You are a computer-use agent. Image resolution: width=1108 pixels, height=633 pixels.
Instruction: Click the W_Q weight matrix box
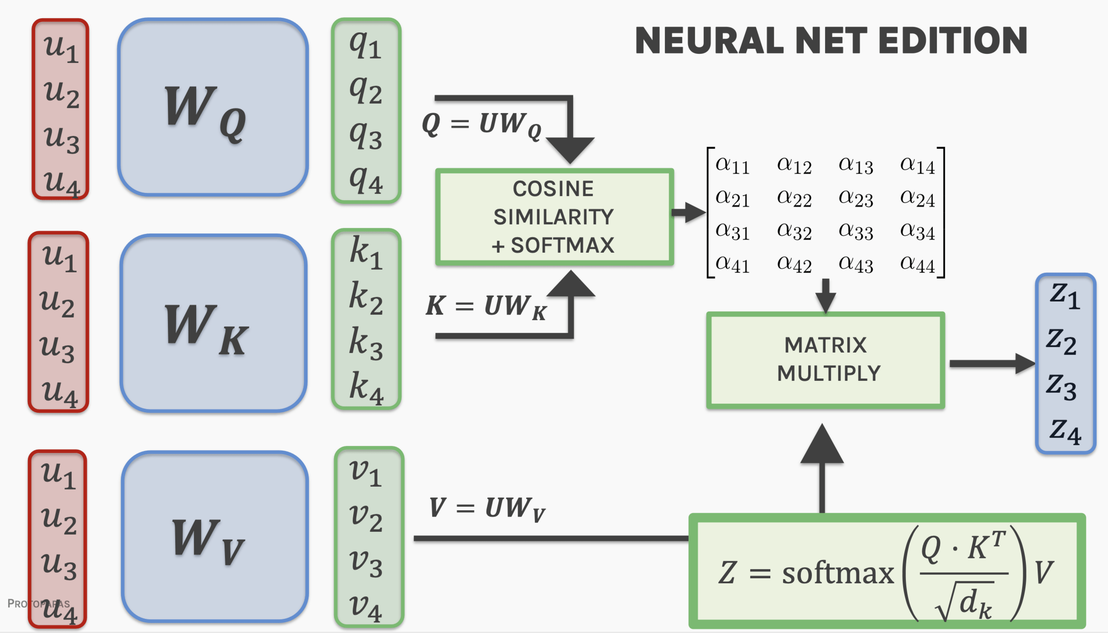tap(213, 107)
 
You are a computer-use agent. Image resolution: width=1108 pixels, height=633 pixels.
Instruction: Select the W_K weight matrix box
tap(213, 324)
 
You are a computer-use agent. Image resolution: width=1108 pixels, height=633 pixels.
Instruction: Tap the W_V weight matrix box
tap(215, 537)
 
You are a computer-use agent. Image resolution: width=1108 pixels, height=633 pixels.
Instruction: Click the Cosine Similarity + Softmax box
tap(554, 217)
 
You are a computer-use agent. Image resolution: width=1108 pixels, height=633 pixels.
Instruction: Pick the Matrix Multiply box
tap(826, 360)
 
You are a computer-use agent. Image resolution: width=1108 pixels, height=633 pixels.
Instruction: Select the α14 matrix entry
tap(918, 165)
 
